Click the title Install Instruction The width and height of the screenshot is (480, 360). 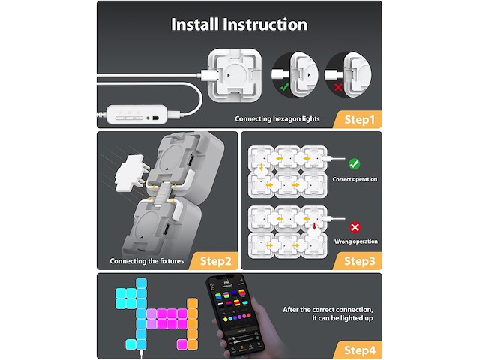(x=239, y=24)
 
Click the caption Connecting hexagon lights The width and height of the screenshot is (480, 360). (x=277, y=118)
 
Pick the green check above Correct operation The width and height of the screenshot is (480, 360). (x=355, y=163)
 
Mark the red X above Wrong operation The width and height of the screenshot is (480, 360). (x=355, y=226)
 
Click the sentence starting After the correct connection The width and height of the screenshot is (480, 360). (x=328, y=313)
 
